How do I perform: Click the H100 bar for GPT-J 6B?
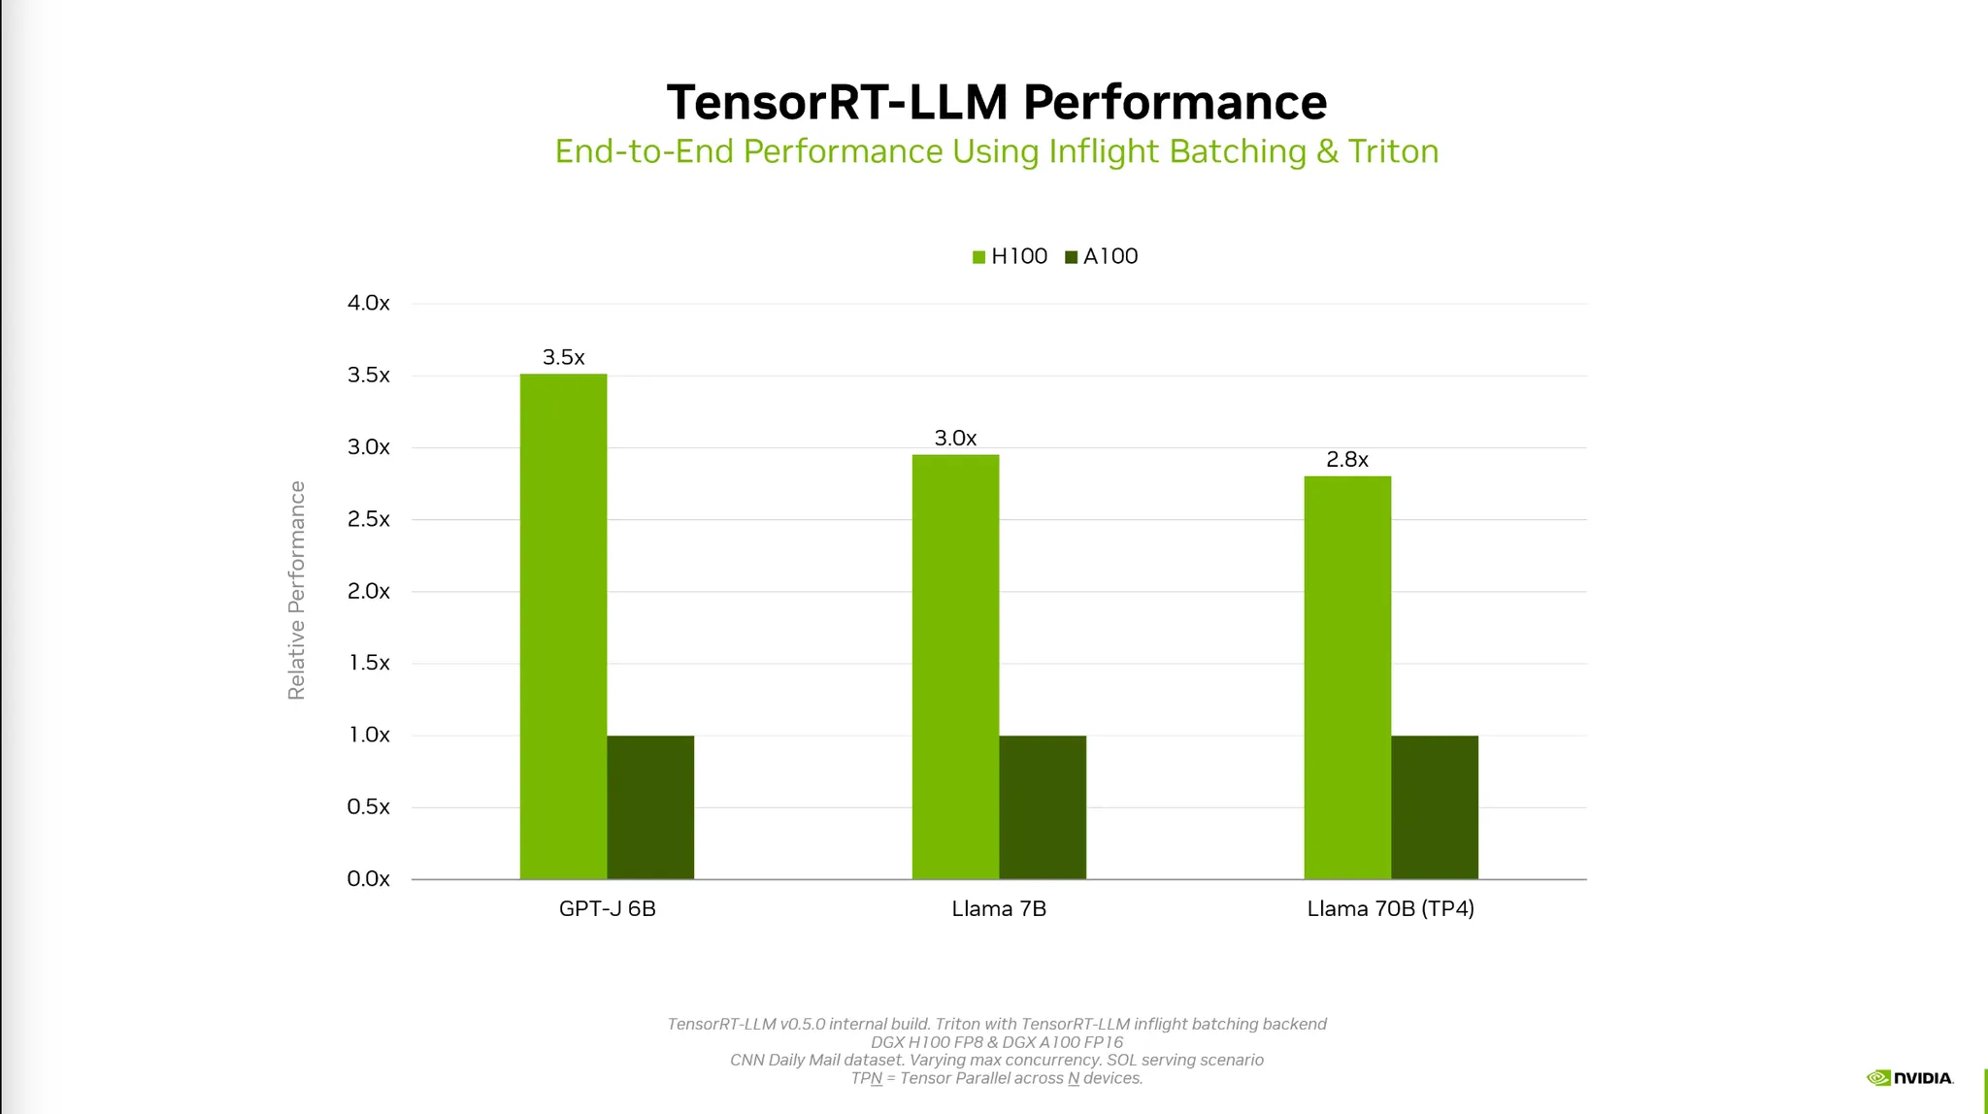coord(563,627)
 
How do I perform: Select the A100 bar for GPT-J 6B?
coord(650,807)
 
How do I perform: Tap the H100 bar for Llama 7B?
coord(955,667)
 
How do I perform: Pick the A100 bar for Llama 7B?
coord(1043,807)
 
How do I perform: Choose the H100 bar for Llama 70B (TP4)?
coord(1347,677)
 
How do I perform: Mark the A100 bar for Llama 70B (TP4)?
coord(1435,807)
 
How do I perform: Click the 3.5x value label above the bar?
coord(563,357)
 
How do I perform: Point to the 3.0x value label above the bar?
coord(955,438)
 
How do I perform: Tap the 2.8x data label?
coord(1347,459)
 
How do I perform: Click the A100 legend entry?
coord(1102,256)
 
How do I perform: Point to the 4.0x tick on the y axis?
coord(369,303)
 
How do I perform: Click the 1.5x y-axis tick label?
coord(369,663)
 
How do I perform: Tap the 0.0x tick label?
coord(369,878)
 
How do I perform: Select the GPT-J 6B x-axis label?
coord(608,908)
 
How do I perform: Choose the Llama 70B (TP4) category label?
coord(1390,908)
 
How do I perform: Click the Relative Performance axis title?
coord(296,590)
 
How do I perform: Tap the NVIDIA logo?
coord(1909,1077)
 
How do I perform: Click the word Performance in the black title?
coord(1175,102)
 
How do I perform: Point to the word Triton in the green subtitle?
coord(1393,151)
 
